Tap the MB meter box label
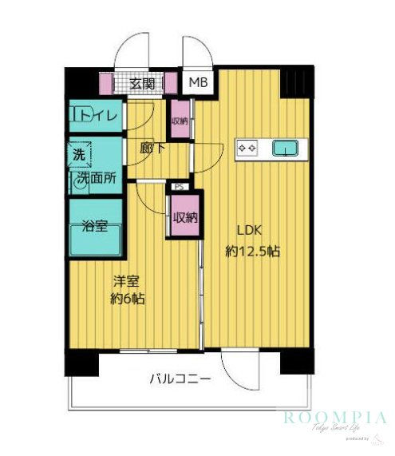(196, 81)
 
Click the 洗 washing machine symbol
(80, 153)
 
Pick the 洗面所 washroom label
(98, 178)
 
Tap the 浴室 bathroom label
(95, 226)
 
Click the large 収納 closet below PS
(184, 216)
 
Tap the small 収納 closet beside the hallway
(180, 121)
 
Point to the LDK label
(247, 231)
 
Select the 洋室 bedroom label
(126, 282)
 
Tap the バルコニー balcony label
(180, 379)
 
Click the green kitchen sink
(285, 148)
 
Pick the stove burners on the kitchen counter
(247, 148)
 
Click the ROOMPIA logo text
(335, 418)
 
